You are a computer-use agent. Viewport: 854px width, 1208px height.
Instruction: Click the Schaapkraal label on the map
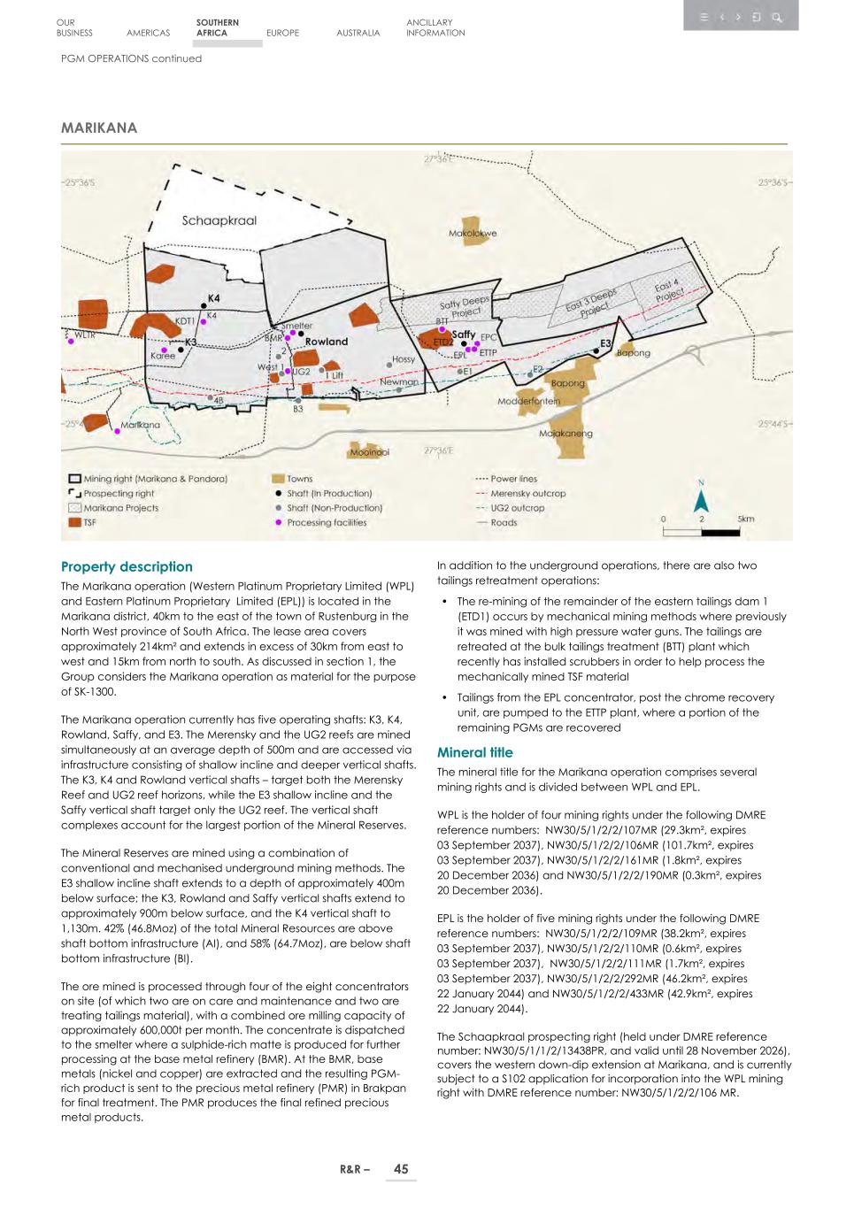219,220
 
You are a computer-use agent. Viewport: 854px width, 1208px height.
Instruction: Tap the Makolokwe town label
473,234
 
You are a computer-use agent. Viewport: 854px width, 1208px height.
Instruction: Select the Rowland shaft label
327,342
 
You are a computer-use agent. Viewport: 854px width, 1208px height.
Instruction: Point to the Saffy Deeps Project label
464,307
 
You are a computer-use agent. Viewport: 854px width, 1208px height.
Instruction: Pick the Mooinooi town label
369,452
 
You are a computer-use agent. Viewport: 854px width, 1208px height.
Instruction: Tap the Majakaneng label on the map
565,434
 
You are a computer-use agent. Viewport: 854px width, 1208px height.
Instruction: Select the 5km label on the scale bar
745,519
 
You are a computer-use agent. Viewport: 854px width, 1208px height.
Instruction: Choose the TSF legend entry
89,522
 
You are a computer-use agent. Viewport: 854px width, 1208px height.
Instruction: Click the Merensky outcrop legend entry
527,494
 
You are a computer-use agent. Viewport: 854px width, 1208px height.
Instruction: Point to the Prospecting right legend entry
119,494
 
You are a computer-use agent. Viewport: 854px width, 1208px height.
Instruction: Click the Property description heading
127,567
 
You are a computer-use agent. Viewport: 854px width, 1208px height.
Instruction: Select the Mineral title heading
474,752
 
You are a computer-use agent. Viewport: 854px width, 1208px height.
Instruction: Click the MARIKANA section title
99,128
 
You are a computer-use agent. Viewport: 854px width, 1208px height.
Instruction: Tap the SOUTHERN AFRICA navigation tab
217,27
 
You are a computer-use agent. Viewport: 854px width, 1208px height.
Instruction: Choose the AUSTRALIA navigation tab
358,33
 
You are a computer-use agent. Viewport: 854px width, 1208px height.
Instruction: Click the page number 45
401,1169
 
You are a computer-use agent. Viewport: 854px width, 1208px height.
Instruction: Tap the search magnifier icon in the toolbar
776,17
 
